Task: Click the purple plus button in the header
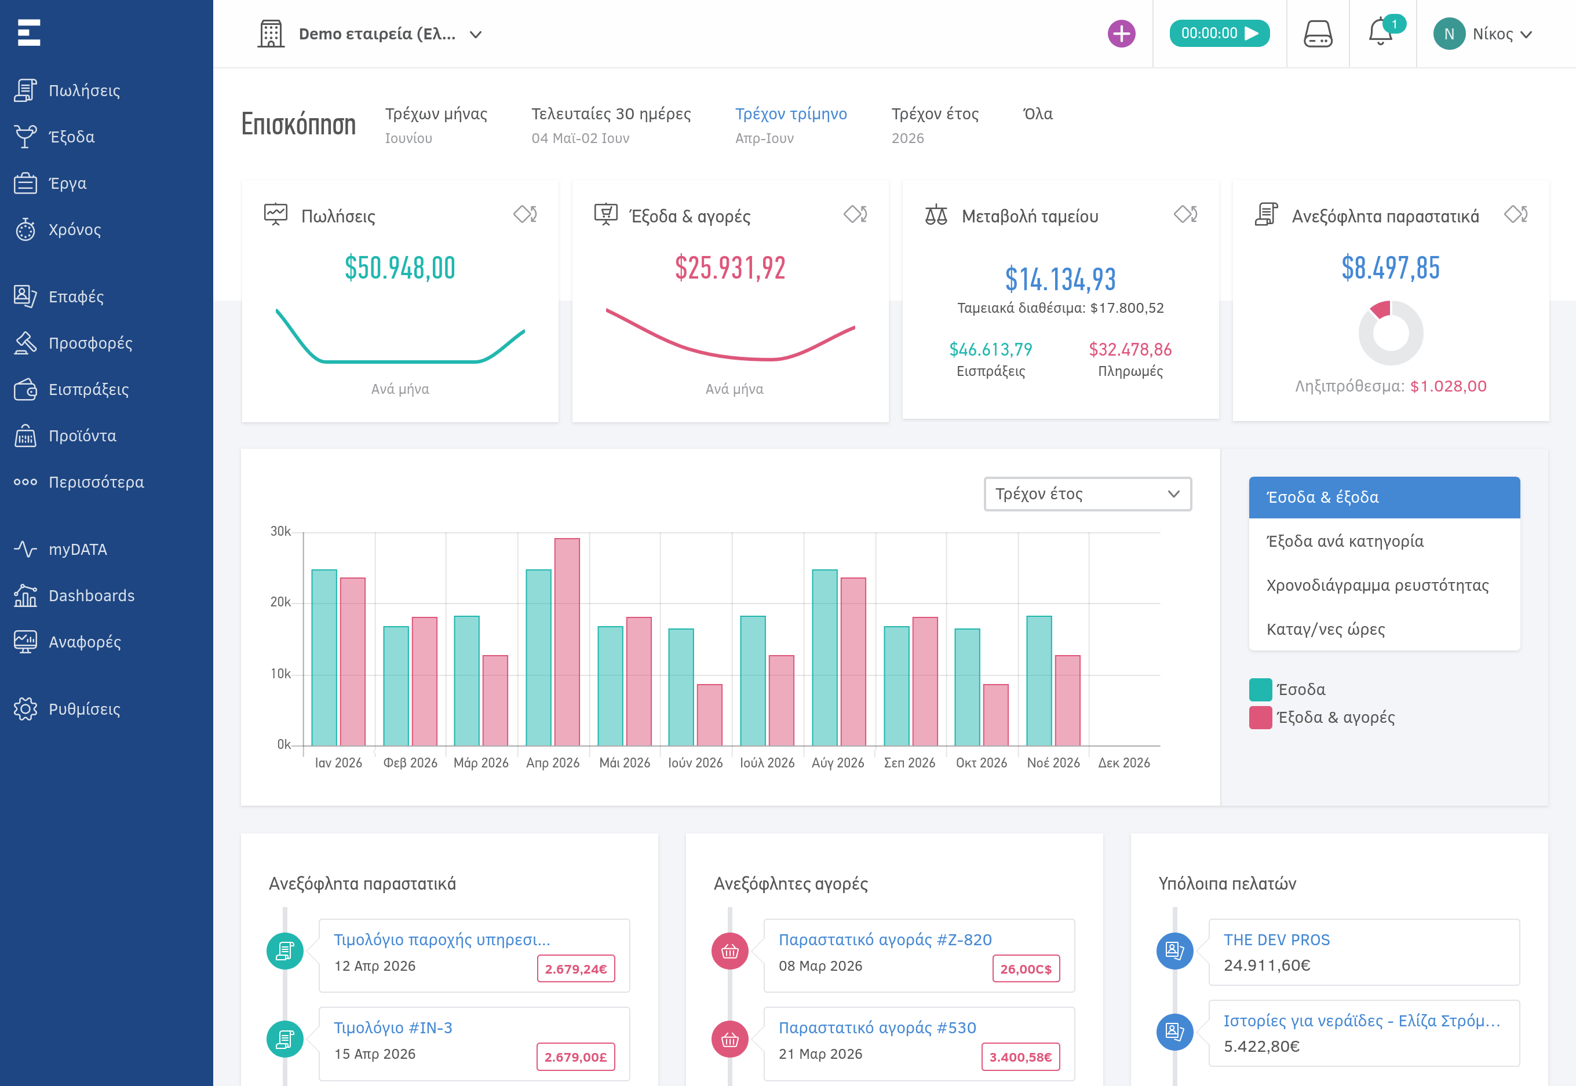pyautogui.click(x=1121, y=34)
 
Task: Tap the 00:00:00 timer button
pyautogui.click(x=1219, y=34)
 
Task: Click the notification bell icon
pyautogui.click(x=1380, y=32)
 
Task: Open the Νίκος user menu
pyautogui.click(x=1483, y=34)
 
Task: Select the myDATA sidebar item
pyautogui.click(x=78, y=549)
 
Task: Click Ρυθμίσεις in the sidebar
pyautogui.click(x=85, y=709)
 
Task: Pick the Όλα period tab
pyautogui.click(x=1038, y=114)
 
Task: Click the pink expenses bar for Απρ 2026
pyautogui.click(x=567, y=642)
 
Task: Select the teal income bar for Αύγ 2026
pyautogui.click(x=825, y=658)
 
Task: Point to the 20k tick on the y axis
pyautogui.click(x=280, y=602)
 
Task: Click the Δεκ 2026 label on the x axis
pyautogui.click(x=1124, y=763)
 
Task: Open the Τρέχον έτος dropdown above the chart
pyautogui.click(x=1087, y=494)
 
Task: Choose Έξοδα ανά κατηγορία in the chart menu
pyautogui.click(x=1345, y=542)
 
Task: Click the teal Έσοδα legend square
pyautogui.click(x=1260, y=689)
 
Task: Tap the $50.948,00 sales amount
pyautogui.click(x=400, y=268)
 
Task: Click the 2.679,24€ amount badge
pyautogui.click(x=575, y=969)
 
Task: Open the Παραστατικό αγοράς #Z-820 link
pyautogui.click(x=885, y=939)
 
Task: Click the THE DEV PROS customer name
pyautogui.click(x=1276, y=939)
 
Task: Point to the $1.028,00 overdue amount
pyautogui.click(x=1448, y=386)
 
